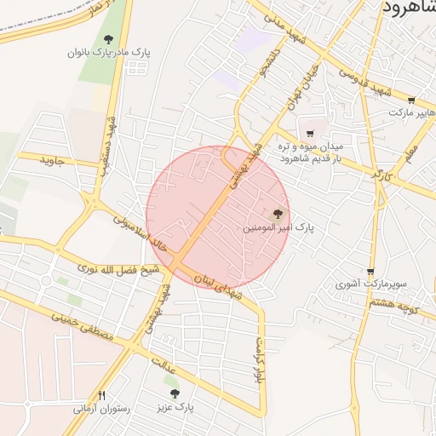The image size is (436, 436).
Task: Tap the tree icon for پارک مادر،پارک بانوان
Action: pos(108,39)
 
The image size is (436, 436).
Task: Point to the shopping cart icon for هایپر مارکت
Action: pos(411,100)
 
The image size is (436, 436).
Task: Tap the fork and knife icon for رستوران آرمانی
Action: pos(102,395)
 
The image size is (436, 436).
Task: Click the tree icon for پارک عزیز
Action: pos(175,393)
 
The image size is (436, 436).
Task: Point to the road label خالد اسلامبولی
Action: pos(148,236)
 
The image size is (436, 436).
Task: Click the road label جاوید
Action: pos(52,160)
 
